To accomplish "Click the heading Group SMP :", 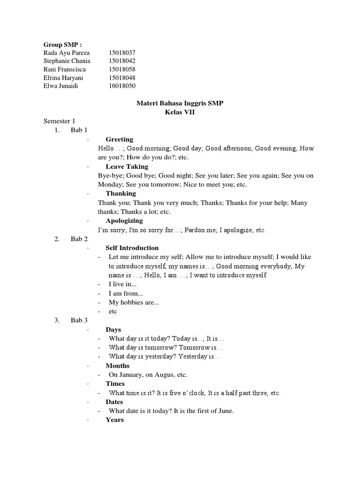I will click(x=62, y=45).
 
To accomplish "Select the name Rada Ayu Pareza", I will click(x=66, y=53).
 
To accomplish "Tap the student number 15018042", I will click(x=122, y=61).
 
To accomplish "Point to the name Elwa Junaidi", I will click(x=60, y=86).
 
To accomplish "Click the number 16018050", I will click(x=122, y=86).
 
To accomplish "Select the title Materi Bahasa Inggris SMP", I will click(x=180, y=103).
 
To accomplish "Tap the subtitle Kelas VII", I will click(x=180, y=112).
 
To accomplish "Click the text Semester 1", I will click(x=59, y=121).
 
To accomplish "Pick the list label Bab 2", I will click(x=79, y=239).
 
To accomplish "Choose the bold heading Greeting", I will click(x=119, y=139).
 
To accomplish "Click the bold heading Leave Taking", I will click(x=127, y=166).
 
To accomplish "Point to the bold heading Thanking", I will click(x=120, y=193).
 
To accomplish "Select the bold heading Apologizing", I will click(x=124, y=220).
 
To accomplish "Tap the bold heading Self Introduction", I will click(x=132, y=247).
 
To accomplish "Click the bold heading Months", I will click(x=117, y=366).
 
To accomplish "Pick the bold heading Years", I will click(x=114, y=420).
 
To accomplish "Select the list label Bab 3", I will click(x=79, y=321).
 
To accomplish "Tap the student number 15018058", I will click(x=122, y=69).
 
